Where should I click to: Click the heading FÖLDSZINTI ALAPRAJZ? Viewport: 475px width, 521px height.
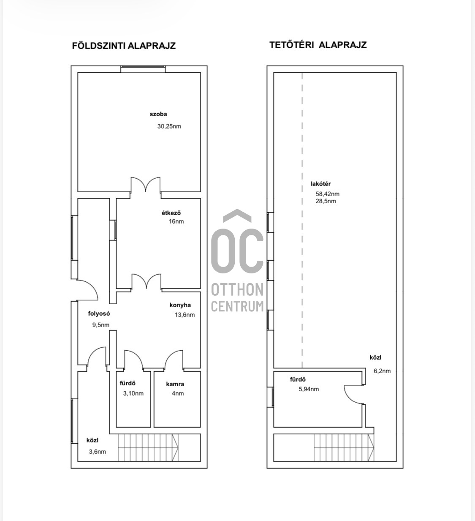(124, 46)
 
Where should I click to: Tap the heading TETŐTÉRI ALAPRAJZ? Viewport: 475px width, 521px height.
(318, 45)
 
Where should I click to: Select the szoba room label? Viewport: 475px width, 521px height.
(158, 114)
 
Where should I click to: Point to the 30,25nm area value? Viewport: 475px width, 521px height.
(169, 126)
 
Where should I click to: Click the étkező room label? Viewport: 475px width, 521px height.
(171, 213)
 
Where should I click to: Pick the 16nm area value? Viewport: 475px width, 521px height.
(176, 221)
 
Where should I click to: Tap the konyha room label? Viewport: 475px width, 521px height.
(180, 305)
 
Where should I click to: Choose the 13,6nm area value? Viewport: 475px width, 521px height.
(185, 315)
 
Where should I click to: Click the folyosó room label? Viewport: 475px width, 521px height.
(99, 314)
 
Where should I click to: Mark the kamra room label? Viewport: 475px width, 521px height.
(175, 384)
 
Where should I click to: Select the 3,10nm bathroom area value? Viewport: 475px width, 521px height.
(133, 393)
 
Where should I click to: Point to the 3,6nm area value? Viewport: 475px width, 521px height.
(98, 452)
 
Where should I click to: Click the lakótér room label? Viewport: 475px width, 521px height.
(321, 184)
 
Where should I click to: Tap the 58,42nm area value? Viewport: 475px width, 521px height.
(328, 194)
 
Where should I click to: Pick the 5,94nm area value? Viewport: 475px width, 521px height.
(309, 389)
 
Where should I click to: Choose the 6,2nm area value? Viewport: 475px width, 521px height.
(382, 371)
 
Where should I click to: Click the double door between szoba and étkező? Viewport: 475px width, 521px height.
(146, 185)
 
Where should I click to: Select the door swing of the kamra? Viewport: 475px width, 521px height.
(174, 359)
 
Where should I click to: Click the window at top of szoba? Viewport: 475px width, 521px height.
(143, 69)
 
